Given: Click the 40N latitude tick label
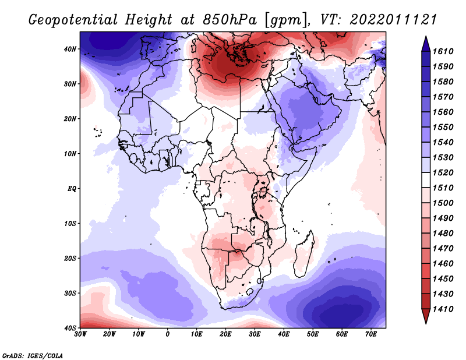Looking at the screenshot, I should click(70, 49).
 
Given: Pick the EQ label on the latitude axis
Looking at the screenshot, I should click(72, 188).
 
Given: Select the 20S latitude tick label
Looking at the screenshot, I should click(70, 258).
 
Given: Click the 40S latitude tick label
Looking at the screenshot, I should click(70, 327).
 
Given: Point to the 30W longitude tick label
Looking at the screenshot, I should click(80, 334).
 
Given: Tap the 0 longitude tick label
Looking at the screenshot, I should click(168, 334).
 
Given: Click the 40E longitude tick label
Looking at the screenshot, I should click(284, 334).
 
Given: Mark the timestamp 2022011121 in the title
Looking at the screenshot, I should click(394, 19).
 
